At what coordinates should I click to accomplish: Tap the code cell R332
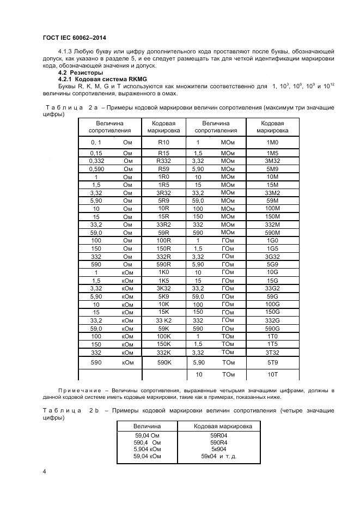click(163, 161)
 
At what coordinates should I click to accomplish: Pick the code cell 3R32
click(163, 193)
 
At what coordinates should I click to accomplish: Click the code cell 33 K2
click(163, 321)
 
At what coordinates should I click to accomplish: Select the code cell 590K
click(163, 362)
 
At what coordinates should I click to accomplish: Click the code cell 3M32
click(272, 161)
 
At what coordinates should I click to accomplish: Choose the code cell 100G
click(272, 304)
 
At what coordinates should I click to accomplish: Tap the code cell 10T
click(272, 375)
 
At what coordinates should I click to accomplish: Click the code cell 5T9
click(272, 362)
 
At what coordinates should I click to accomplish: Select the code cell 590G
click(272, 329)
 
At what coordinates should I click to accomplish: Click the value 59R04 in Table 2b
click(218, 435)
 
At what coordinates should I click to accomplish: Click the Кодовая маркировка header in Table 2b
click(223, 426)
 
